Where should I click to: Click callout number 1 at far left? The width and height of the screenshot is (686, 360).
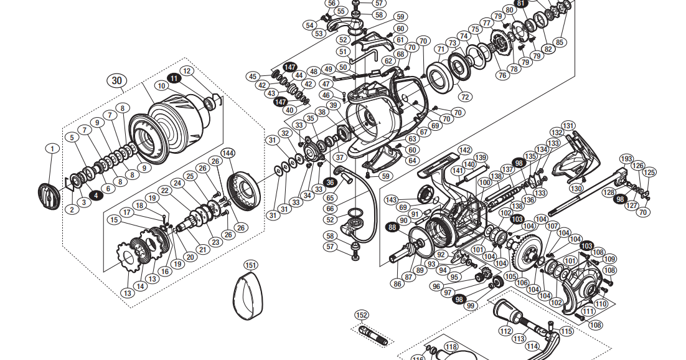[53, 148]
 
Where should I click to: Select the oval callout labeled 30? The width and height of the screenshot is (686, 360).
[117, 80]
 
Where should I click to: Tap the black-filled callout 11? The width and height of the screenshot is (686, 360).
[174, 78]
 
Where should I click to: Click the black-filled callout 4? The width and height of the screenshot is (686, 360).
[95, 195]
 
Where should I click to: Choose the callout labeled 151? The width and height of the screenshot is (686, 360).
[251, 265]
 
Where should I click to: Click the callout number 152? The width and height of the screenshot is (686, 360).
[362, 315]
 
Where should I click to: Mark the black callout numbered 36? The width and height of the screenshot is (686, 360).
[330, 182]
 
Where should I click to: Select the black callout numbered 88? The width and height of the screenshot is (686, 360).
[392, 227]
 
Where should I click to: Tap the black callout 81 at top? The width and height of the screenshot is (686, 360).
[522, 3]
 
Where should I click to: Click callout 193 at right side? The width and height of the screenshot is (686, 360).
[626, 159]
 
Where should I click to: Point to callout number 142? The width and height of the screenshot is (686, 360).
[464, 150]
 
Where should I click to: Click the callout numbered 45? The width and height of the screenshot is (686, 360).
[253, 76]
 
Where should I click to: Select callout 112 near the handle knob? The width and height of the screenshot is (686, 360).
[505, 331]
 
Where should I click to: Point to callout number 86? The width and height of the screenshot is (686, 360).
[397, 283]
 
